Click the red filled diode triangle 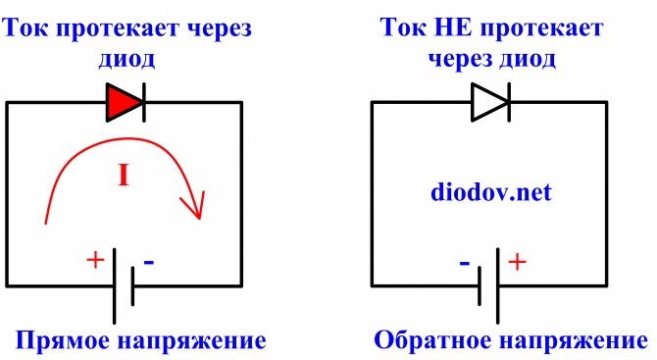pos(125,101)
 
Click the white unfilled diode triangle pos(488,102)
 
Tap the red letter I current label pos(125,177)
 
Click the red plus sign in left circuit pos(95,260)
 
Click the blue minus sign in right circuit pos(462,262)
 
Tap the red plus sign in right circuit pos(517,261)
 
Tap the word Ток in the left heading pos(30,25)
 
